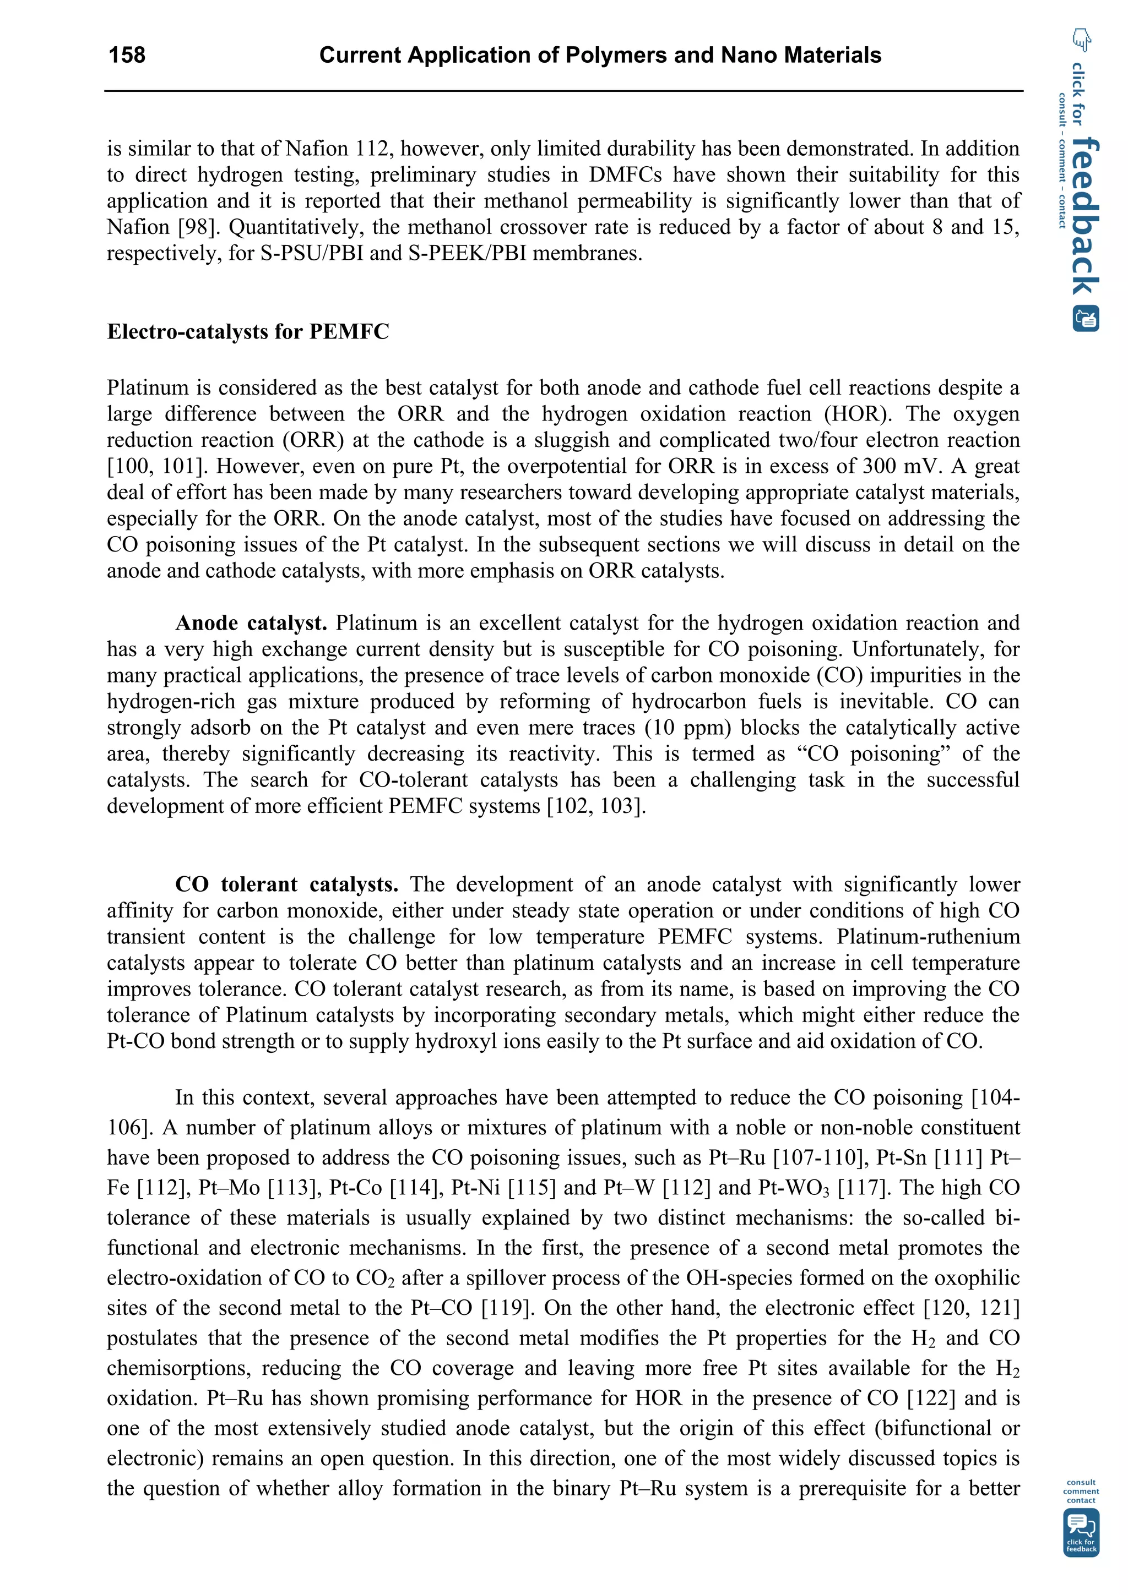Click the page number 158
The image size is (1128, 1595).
tap(127, 55)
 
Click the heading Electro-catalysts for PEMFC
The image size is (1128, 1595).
tap(247, 331)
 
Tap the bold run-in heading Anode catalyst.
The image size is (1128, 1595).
tap(251, 622)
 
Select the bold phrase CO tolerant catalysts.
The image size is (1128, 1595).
tap(286, 884)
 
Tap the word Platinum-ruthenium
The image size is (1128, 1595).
tap(928, 936)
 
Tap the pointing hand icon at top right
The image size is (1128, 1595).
tap(1081, 40)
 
